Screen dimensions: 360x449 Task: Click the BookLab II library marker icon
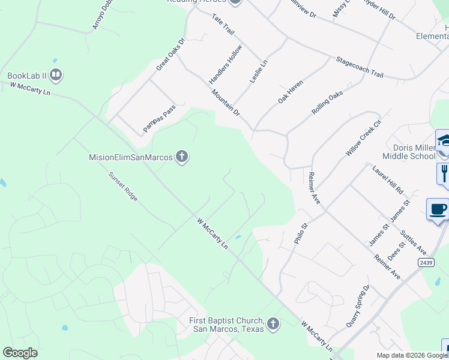[56, 76]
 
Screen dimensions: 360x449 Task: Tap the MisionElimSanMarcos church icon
[182, 158]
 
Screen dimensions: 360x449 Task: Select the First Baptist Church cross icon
[273, 325]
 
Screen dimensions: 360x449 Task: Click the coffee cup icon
[438, 209]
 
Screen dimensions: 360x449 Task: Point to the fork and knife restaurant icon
[444, 173]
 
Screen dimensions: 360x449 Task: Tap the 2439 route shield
[425, 262]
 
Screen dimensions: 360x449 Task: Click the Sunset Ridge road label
[123, 187]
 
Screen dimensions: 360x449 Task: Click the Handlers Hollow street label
[225, 64]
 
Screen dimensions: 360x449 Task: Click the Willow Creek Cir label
[364, 137]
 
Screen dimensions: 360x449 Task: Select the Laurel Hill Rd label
[388, 179]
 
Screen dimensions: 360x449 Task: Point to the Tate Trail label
[223, 25]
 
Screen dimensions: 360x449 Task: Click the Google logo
[20, 353]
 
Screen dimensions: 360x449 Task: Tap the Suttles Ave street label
[414, 242]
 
